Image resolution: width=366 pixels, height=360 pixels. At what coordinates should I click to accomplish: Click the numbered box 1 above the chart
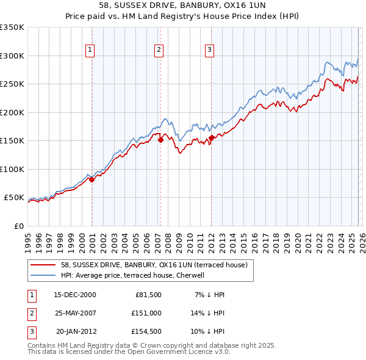pyautogui.click(x=90, y=50)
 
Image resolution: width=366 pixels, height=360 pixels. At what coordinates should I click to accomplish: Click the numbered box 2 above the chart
pyautogui.click(x=159, y=50)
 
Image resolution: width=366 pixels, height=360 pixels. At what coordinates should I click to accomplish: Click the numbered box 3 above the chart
pyautogui.click(x=209, y=50)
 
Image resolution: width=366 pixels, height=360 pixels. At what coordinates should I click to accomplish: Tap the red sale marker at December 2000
pyautogui.click(x=91, y=179)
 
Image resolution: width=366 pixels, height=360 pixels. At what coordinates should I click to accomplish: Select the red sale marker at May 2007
pyautogui.click(x=160, y=140)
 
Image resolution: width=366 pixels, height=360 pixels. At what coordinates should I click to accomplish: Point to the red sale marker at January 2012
pyautogui.click(x=211, y=138)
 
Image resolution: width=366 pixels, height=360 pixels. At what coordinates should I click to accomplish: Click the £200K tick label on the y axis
pyautogui.click(x=12, y=112)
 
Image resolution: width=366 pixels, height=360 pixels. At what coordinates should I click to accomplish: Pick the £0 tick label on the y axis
pyautogui.click(x=18, y=226)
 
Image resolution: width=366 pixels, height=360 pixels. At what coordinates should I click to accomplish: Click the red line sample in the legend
pyautogui.click(x=44, y=265)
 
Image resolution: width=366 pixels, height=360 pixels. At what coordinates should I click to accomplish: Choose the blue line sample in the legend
pyautogui.click(x=44, y=276)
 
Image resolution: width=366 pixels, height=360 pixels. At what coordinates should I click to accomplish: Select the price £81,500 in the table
pyautogui.click(x=148, y=295)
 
